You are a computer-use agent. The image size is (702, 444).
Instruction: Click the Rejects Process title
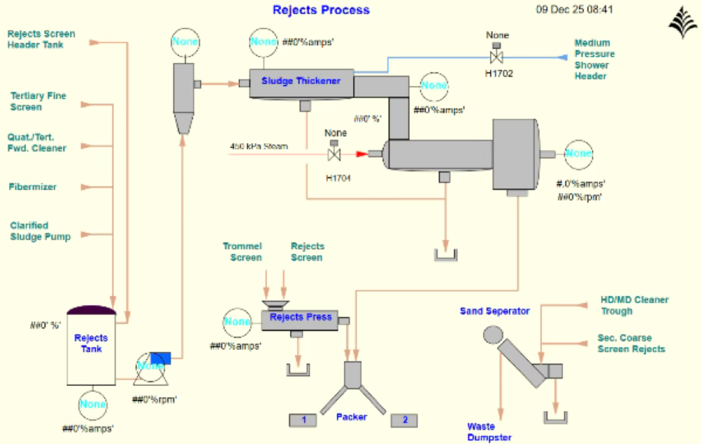321,10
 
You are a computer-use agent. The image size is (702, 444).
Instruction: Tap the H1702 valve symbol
497,57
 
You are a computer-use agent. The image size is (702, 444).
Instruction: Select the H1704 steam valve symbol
334,154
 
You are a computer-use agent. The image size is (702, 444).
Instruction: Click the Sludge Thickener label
301,81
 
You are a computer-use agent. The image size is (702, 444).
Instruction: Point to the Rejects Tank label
91,343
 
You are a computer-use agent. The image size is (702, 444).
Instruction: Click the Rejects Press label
300,317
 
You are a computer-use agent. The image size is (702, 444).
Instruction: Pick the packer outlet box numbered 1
303,420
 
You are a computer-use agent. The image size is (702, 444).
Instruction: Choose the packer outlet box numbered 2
404,420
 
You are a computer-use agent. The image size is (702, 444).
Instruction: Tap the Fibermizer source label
32,187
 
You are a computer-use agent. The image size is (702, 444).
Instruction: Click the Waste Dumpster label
489,432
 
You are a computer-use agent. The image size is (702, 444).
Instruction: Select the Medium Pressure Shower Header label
594,59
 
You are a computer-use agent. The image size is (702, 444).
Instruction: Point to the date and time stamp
574,10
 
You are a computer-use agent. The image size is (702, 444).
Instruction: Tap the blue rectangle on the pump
161,358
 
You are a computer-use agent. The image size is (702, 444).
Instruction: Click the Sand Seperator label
495,311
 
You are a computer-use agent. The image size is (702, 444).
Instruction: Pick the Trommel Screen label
242,252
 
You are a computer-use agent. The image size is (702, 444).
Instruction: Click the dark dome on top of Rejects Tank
92,310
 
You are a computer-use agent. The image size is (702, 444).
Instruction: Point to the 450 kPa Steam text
259,146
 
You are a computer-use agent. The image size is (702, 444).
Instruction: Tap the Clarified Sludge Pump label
40,231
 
